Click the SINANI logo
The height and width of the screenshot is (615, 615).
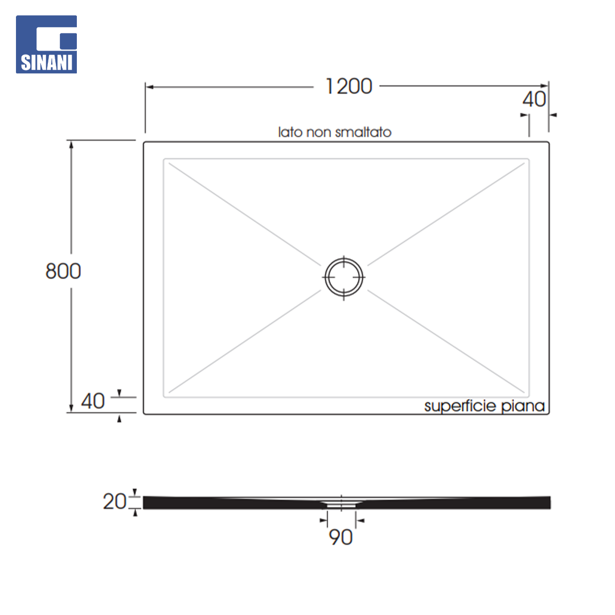[x=46, y=44]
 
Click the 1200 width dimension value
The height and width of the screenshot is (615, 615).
[x=348, y=87]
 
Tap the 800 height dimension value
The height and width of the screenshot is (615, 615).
[x=63, y=271]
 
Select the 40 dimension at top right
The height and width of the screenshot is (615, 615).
[x=534, y=99]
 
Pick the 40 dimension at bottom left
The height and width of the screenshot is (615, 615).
[x=93, y=401]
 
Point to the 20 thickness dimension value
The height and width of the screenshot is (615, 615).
[x=114, y=501]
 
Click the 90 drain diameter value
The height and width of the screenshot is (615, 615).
[x=341, y=537]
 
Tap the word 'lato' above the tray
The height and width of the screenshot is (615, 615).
[x=290, y=132]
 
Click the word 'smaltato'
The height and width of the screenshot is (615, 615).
[x=363, y=132]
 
